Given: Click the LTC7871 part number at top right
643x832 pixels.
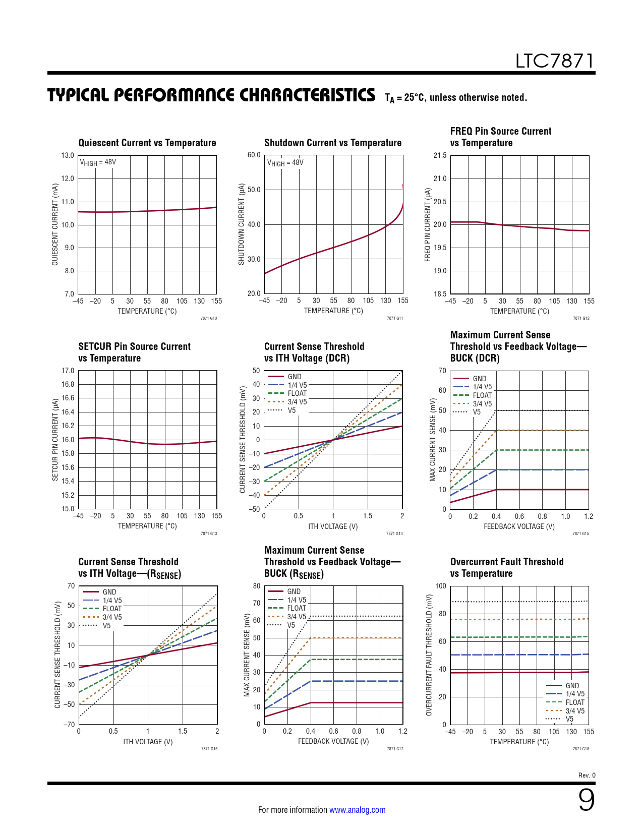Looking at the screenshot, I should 554,61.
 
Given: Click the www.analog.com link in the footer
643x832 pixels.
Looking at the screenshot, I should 357,810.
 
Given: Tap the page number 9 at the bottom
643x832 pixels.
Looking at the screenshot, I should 586,800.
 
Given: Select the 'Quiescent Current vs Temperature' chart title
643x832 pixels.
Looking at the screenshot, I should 147,143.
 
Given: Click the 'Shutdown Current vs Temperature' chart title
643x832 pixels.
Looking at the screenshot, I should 333,143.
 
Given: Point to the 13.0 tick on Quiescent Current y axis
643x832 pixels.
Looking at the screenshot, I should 68,155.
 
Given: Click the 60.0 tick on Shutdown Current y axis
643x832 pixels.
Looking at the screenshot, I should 254,155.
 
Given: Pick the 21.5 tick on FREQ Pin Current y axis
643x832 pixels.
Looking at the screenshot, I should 440,155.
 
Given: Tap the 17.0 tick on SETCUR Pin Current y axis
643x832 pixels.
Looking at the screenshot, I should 68,371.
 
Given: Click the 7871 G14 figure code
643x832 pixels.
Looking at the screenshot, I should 394,533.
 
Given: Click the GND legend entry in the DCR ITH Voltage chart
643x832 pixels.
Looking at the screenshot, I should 295,377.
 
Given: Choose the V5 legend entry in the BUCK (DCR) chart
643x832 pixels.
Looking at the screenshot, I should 477,412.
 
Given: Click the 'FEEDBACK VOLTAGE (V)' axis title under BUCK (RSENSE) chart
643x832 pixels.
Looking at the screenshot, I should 333,741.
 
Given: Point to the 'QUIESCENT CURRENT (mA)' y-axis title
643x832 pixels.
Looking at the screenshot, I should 55,224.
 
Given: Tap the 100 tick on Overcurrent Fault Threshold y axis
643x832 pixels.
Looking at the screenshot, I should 441,586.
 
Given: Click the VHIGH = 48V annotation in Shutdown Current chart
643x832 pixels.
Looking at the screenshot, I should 285,163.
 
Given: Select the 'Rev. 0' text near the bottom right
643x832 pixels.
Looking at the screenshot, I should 587,775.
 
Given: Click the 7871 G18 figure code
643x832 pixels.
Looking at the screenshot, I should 580,749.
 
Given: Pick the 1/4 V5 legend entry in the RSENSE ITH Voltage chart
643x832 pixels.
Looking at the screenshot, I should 112,601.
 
